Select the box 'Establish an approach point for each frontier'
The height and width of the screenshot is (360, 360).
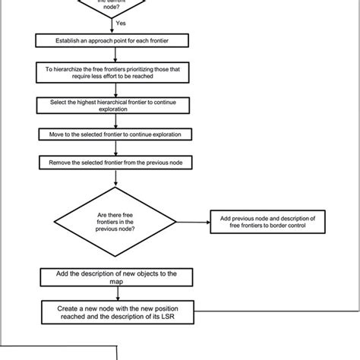(x=114, y=40)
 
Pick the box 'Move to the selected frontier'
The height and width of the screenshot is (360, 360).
(x=114, y=134)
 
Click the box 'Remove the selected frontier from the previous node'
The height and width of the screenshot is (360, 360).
(x=114, y=162)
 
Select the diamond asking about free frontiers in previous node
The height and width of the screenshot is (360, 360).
(x=114, y=222)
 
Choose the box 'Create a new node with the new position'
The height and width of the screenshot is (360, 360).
(x=114, y=312)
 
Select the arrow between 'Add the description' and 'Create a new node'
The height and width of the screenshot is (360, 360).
(x=114, y=292)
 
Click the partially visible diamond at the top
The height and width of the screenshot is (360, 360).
(x=114, y=6)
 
